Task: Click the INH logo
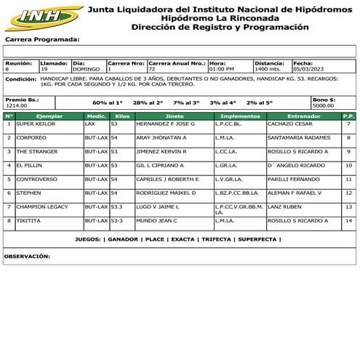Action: tap(41, 16)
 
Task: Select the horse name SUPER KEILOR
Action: tap(36, 124)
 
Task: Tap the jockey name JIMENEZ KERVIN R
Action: tap(156, 152)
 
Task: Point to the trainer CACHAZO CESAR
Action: tap(287, 124)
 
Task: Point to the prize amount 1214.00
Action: tap(16, 106)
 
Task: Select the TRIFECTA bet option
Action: tap(217, 239)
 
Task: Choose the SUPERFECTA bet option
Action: tap(257, 239)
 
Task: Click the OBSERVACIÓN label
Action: tap(27, 256)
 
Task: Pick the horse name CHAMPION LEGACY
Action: tap(42, 207)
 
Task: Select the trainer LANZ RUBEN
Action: tap(284, 207)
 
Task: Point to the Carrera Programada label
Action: tap(41, 40)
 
